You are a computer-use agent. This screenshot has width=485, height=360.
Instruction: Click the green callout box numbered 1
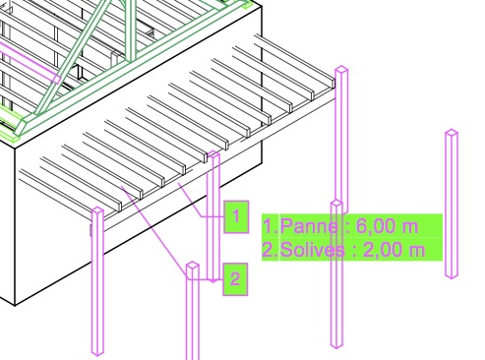coord(236,216)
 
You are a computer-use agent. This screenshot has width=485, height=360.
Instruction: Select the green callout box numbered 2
coord(235,279)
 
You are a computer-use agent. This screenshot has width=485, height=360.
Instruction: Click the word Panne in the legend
coord(309,226)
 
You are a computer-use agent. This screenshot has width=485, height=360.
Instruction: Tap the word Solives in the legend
coord(313,250)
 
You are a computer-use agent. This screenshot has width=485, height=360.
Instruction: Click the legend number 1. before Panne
coord(271,226)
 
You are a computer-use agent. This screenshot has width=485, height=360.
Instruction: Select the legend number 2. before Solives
coord(271,250)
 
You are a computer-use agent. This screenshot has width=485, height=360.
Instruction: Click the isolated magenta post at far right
coord(452,204)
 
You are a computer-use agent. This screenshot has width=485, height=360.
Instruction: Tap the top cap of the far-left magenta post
coord(97,210)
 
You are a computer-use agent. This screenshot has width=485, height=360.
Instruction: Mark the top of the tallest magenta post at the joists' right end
coord(341,69)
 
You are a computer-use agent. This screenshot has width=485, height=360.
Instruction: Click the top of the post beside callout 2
coord(193,266)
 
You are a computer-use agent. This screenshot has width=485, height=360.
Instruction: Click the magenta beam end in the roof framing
coord(57,79)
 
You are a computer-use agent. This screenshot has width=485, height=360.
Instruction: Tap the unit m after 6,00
coord(411,228)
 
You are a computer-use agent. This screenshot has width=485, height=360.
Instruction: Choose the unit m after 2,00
coord(418,252)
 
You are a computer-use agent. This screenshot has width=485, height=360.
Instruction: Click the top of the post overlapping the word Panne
coord(336,204)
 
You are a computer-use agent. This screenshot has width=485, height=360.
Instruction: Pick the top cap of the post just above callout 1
coord(213,153)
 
